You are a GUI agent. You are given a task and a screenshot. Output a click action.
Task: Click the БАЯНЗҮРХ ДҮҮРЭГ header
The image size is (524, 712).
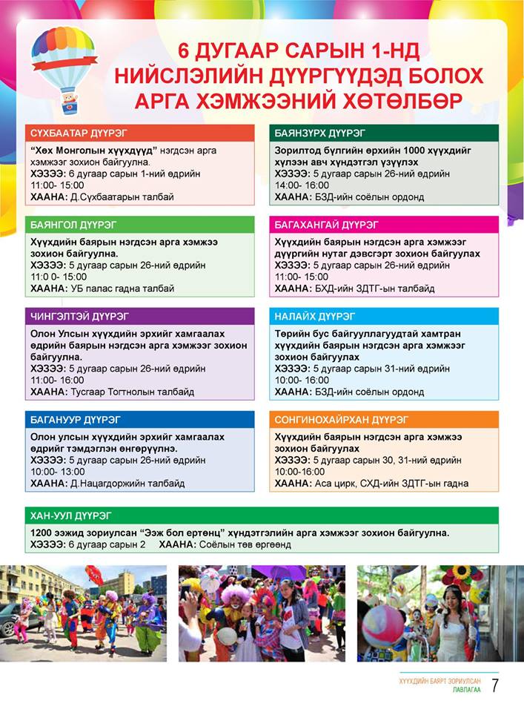319,133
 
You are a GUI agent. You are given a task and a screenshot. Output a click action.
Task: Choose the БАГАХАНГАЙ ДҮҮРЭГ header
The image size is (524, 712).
326,224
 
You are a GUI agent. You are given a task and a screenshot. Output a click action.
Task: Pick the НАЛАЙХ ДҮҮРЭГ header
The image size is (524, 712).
315,317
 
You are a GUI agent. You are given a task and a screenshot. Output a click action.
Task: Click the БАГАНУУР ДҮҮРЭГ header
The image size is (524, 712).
76,420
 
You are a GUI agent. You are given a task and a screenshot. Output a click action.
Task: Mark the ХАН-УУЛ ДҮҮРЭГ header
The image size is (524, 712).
72,515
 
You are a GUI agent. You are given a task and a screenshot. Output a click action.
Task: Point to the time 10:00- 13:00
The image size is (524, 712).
58,472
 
